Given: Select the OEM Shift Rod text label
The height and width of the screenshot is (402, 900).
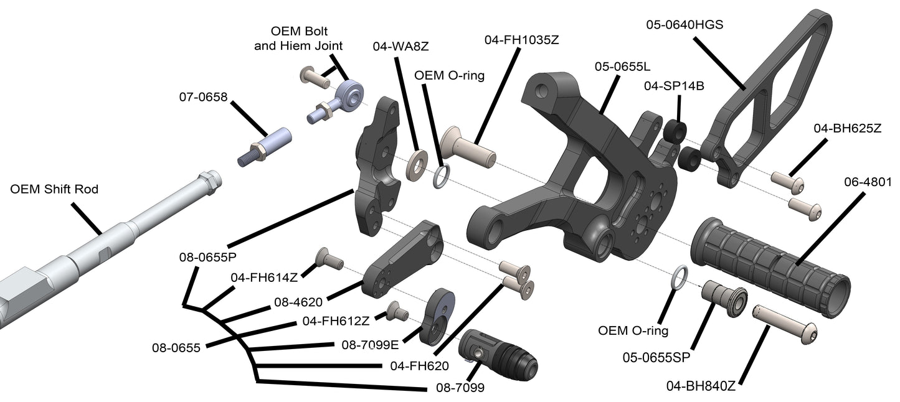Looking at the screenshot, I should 54,189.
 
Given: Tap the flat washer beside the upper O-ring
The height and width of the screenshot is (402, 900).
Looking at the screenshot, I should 416,164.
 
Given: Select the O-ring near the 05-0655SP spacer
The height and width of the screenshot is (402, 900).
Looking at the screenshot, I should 680,278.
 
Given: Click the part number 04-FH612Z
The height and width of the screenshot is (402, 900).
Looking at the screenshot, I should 336,321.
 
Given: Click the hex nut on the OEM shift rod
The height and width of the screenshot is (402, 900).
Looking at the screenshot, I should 209,182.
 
